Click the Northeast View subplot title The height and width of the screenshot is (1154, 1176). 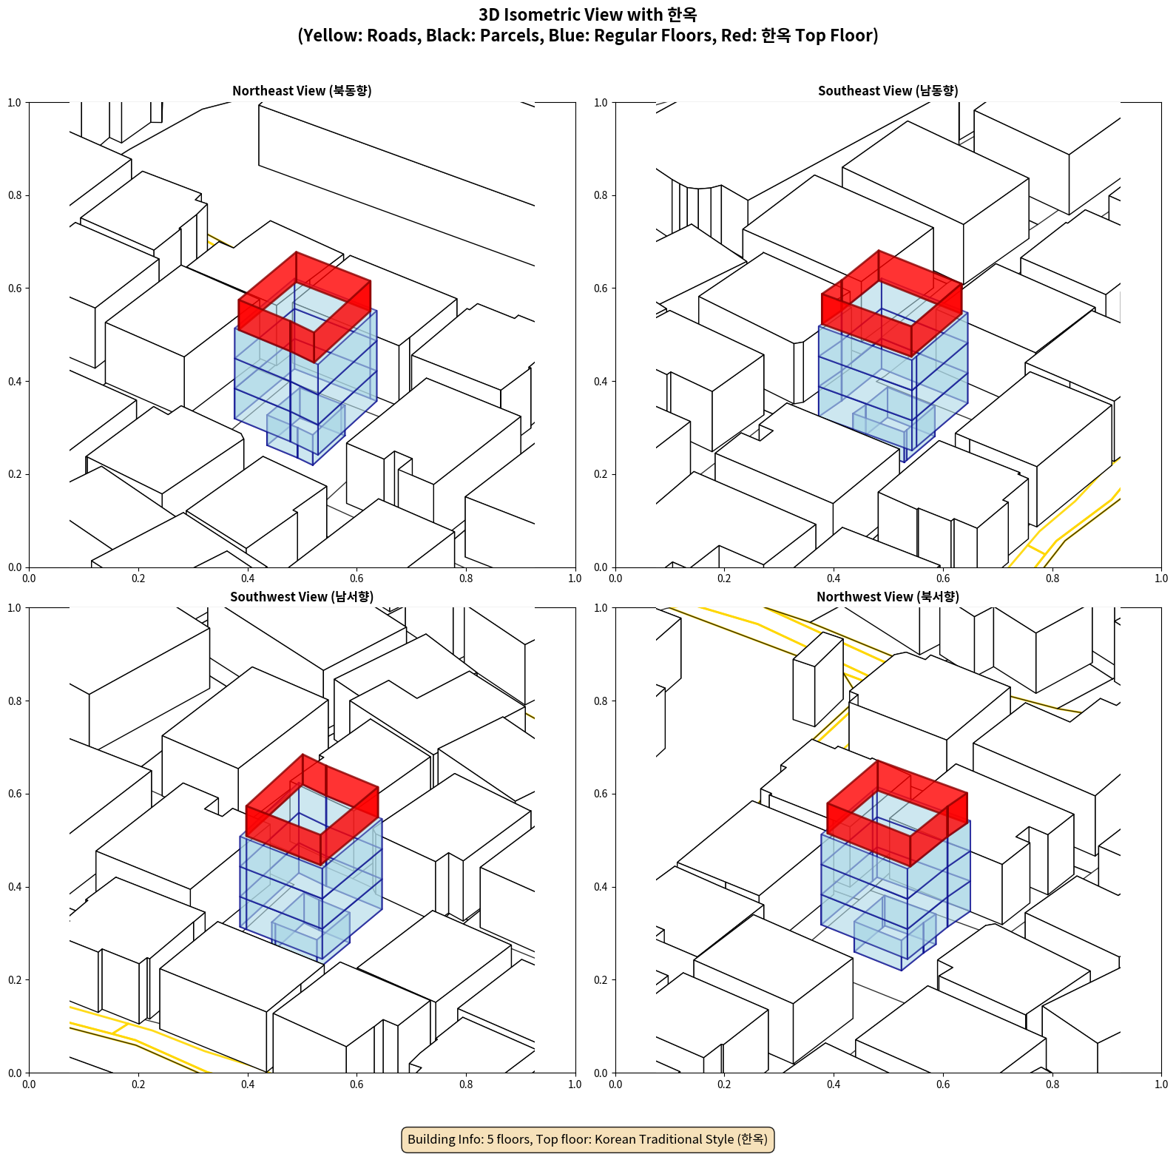coord(302,91)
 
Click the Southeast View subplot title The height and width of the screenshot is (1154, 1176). coord(888,91)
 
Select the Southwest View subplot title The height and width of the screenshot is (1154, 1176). coord(302,597)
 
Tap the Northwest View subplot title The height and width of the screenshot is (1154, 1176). coord(888,597)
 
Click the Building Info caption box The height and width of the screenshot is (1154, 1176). coord(588,1139)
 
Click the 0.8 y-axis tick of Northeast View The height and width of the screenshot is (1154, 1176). coord(15,195)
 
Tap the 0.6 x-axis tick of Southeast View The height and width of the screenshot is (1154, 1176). coord(943,578)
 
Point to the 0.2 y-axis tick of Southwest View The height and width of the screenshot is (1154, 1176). coord(15,979)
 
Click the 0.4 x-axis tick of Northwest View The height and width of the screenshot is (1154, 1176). coord(834,1084)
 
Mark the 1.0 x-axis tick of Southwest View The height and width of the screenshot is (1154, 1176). coord(575,1084)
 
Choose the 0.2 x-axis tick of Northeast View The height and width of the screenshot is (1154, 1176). coord(138,578)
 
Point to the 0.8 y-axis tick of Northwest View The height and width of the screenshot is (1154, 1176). coord(601,701)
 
